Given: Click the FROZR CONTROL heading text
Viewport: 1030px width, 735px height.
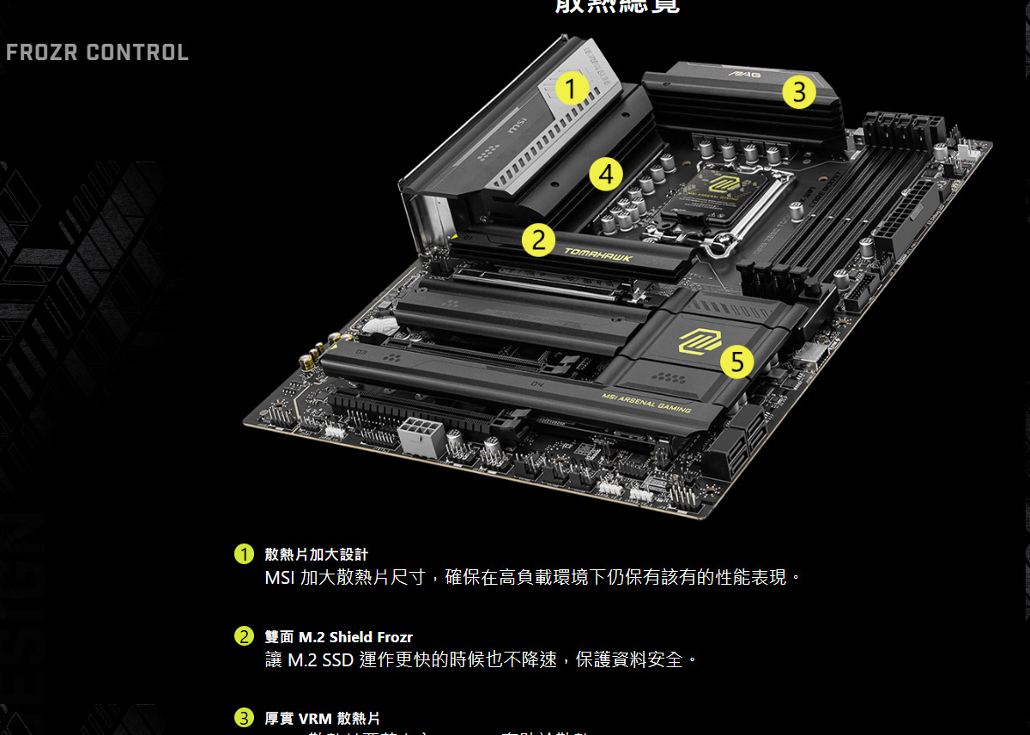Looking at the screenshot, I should [x=97, y=52].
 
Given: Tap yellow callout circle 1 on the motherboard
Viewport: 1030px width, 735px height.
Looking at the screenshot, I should [x=571, y=88].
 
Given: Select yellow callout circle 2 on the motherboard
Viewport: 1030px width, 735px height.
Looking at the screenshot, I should [x=538, y=240].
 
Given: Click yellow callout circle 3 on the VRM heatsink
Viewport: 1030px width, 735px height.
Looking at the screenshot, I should [x=798, y=91].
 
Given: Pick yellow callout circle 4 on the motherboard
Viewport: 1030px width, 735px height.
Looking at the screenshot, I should [x=606, y=175].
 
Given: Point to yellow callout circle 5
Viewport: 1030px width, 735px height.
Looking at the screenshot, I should [x=736, y=361].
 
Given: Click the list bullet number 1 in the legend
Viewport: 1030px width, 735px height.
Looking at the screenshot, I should [x=245, y=554].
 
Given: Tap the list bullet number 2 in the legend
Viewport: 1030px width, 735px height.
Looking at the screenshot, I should [x=245, y=636].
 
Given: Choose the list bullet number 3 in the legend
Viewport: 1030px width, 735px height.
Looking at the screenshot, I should [x=245, y=718].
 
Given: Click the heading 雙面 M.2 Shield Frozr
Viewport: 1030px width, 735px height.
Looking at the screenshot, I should [x=338, y=637].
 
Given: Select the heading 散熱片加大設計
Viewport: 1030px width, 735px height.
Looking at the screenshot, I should [x=316, y=555].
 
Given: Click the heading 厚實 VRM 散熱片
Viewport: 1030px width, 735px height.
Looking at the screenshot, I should [x=322, y=719].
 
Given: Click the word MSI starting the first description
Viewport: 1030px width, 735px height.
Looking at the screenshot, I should [x=280, y=577].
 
